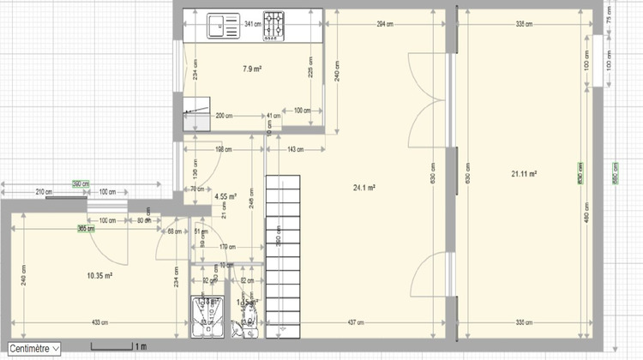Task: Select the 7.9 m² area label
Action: pyautogui.click(x=252, y=68)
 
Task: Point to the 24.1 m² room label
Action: pyautogui.click(x=365, y=187)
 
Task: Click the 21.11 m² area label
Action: pyautogui.click(x=524, y=174)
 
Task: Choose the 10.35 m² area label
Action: pyautogui.click(x=100, y=275)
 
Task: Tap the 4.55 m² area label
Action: pyautogui.click(x=225, y=196)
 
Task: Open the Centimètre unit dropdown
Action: pyautogui.click(x=33, y=349)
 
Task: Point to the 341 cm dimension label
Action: pyautogui.click(x=253, y=24)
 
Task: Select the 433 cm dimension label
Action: pyautogui.click(x=101, y=322)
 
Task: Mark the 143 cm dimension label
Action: pyautogui.click(x=296, y=150)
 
